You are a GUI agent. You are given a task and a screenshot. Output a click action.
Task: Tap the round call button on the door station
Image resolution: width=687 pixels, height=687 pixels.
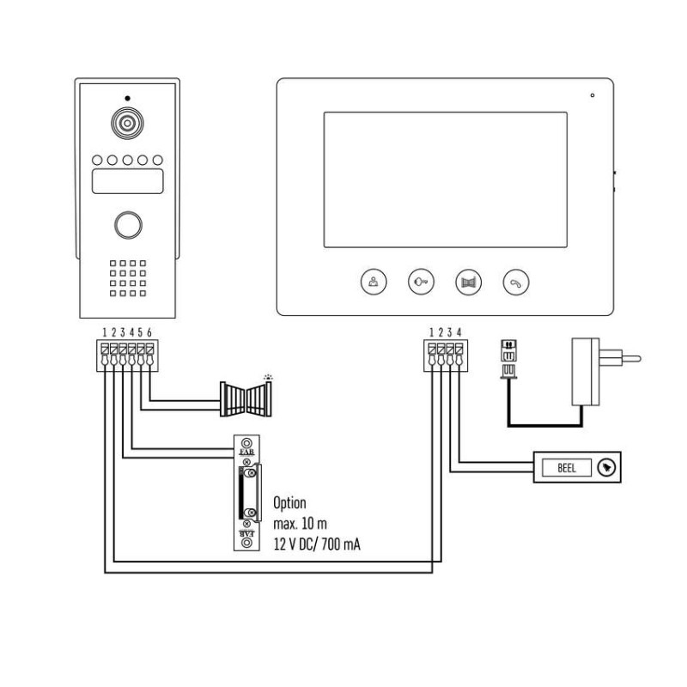pos(127,224)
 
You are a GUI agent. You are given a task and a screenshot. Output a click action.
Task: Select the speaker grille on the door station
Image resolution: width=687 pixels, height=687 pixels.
pos(127,279)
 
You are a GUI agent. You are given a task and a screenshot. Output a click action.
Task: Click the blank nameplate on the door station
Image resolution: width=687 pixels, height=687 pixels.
pos(127,181)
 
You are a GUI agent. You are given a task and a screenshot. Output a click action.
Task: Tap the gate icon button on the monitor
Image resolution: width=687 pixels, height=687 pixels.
pos(468,281)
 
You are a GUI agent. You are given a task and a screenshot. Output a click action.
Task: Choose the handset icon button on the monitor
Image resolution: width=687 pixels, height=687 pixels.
pos(516,281)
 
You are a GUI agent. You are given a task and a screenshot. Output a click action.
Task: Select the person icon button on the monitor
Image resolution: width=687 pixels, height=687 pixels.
pos(373,281)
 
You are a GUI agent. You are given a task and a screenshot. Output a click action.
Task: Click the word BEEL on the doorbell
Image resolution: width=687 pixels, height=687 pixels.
pos(566,468)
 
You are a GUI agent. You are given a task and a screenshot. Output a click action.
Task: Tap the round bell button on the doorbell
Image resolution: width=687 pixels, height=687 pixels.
pos(608,468)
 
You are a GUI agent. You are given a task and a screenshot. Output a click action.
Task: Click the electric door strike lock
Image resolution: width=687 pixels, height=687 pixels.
pos(246,494)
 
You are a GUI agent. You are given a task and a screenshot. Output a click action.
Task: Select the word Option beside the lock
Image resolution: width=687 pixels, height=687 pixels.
pos(289,503)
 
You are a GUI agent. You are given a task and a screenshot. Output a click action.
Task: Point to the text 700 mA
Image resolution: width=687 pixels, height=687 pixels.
pos(342,544)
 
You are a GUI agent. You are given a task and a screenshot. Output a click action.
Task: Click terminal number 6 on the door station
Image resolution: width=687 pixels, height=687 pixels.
pos(150,332)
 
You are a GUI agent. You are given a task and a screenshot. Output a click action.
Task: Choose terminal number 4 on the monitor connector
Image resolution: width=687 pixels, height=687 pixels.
pos(460,332)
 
